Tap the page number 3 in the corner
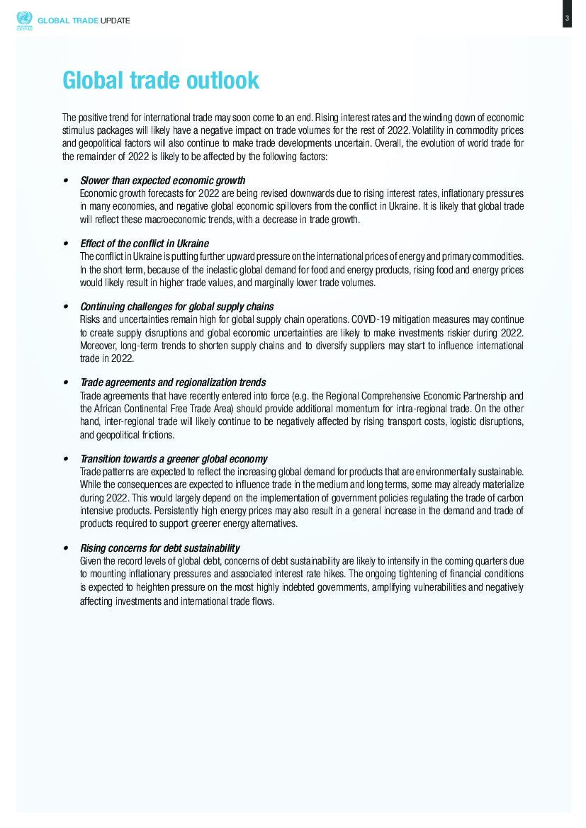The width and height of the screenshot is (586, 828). (x=567, y=18)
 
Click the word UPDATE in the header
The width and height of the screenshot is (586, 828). (x=115, y=21)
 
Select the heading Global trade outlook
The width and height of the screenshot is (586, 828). (x=161, y=81)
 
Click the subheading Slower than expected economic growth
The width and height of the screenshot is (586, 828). (x=163, y=181)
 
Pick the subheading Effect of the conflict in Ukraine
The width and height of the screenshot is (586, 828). (x=145, y=244)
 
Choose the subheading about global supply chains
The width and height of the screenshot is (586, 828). (x=177, y=307)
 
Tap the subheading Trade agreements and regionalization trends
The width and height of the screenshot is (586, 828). (x=173, y=382)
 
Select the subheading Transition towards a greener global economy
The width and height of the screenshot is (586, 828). (x=174, y=459)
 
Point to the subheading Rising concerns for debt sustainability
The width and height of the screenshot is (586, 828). (x=160, y=548)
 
